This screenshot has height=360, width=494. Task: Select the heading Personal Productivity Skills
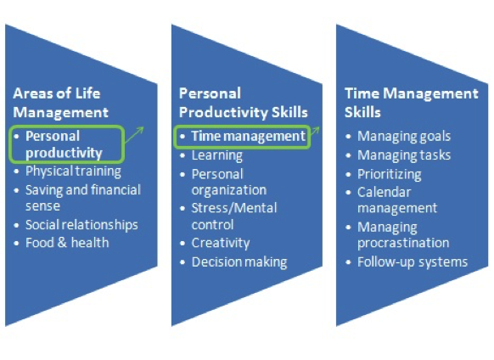click(x=243, y=101)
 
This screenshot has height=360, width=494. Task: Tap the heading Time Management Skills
click(x=411, y=101)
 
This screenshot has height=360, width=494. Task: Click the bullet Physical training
click(x=72, y=172)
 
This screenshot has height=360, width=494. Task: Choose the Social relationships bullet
click(x=81, y=225)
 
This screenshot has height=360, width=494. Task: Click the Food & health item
click(x=66, y=243)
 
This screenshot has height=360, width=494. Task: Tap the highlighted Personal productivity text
click(x=64, y=144)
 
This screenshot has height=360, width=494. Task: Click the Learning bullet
click(x=216, y=155)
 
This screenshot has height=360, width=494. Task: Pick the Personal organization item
click(x=228, y=182)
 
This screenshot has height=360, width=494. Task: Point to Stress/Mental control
click(x=233, y=217)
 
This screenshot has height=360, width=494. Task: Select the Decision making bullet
click(x=239, y=262)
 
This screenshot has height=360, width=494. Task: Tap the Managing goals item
click(x=404, y=136)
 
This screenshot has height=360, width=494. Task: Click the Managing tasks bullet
click(x=404, y=155)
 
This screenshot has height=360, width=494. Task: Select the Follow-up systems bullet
click(x=412, y=262)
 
